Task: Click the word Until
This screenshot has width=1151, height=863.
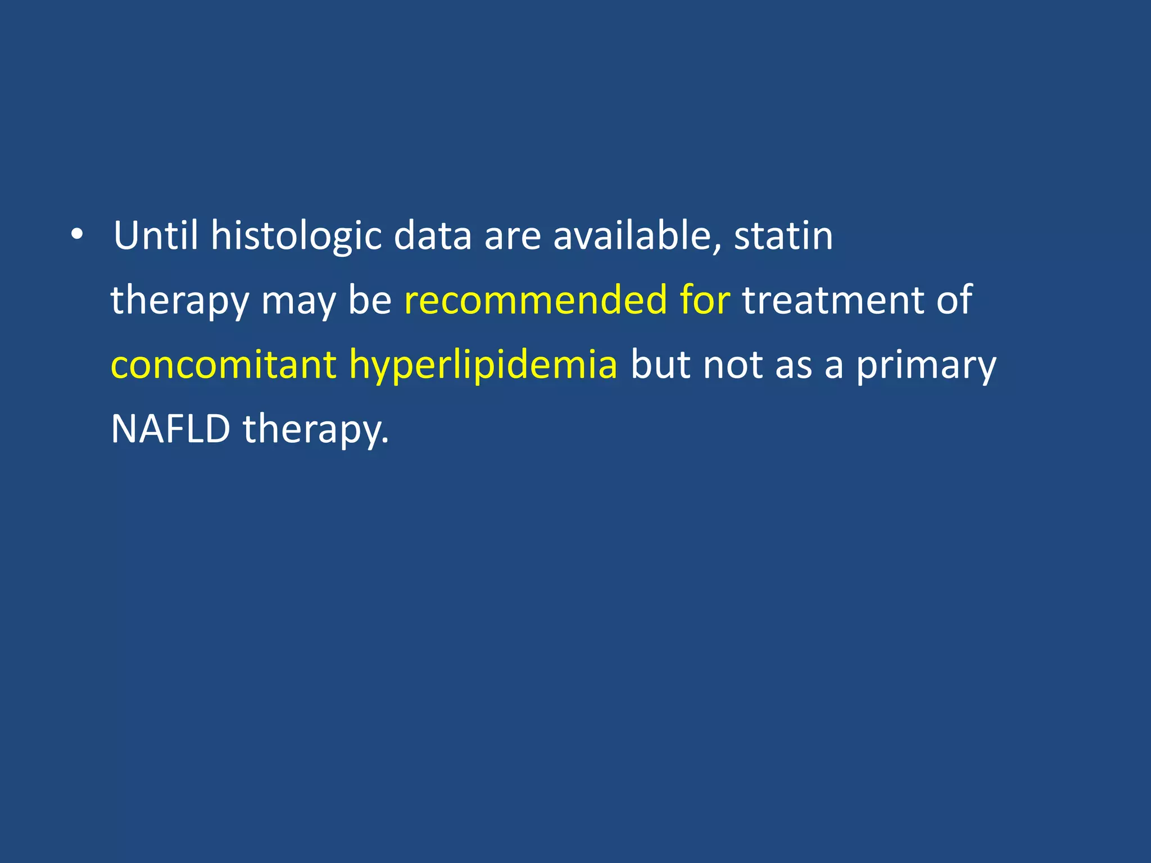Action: pyautogui.click(x=156, y=235)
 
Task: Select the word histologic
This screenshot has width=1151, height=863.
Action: pyautogui.click(x=296, y=237)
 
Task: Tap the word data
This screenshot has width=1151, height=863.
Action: pyautogui.click(x=432, y=235)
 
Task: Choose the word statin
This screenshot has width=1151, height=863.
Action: pyautogui.click(x=783, y=235)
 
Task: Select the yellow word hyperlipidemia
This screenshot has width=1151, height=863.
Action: pyautogui.click(x=483, y=365)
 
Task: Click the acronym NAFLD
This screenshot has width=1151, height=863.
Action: pyautogui.click(x=171, y=429)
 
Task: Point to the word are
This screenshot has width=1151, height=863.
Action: pyautogui.click(x=512, y=237)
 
